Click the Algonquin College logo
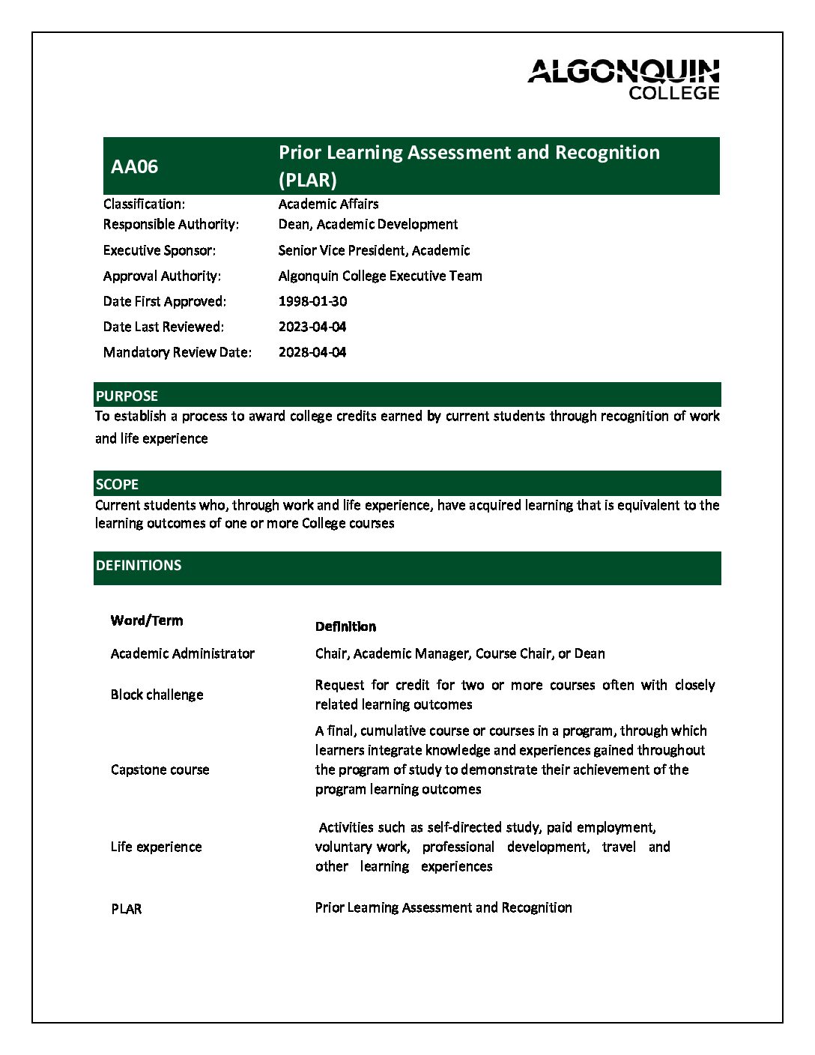coord(623,79)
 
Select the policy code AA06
coord(135,166)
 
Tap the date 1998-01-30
coord(312,301)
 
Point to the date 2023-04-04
coord(312,327)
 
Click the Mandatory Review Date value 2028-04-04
coord(312,352)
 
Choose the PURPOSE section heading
coord(127,396)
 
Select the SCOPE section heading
coord(117,484)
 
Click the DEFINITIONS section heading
coord(139,566)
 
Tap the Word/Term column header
coord(147,620)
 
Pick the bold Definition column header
coord(345,626)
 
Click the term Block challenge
coord(157,695)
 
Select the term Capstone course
coord(160,770)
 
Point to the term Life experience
coord(157,847)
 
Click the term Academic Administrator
coord(183,653)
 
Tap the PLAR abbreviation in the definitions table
coord(127,909)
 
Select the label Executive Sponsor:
coord(160,250)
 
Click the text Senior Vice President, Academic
coord(374,250)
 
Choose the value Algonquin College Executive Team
coord(380,276)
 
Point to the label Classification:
coord(145,204)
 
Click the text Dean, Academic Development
coord(368,224)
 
